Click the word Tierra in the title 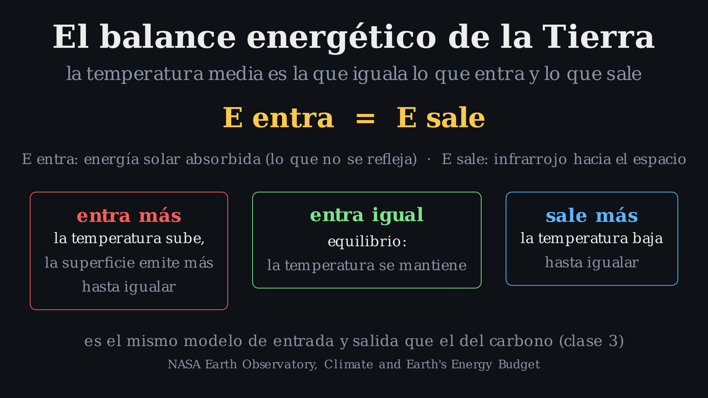pyautogui.click(x=598, y=37)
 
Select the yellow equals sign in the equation pyautogui.click(x=365, y=119)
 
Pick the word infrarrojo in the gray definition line pyautogui.click(x=530, y=159)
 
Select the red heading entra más pyautogui.click(x=129, y=216)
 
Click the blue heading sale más pyautogui.click(x=592, y=216)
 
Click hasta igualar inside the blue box pyautogui.click(x=592, y=263)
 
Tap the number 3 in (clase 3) pyautogui.click(x=613, y=341)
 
